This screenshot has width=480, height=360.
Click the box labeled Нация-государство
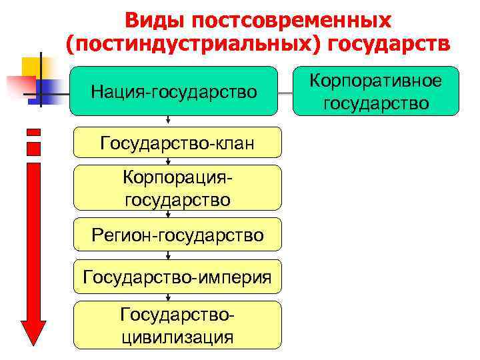click(173, 91)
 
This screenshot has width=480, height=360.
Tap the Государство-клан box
click(177, 143)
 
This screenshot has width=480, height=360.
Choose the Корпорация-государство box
click(177, 189)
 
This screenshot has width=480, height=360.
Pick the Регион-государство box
click(177, 235)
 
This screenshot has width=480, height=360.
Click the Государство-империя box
click(177, 277)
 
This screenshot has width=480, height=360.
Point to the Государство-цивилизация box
click(177, 325)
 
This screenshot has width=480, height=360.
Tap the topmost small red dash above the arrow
click(33, 131)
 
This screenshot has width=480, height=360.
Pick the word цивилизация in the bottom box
click(177, 335)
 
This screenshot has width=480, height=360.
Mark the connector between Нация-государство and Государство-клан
click(168, 121)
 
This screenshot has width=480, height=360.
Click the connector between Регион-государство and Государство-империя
click(168, 255)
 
